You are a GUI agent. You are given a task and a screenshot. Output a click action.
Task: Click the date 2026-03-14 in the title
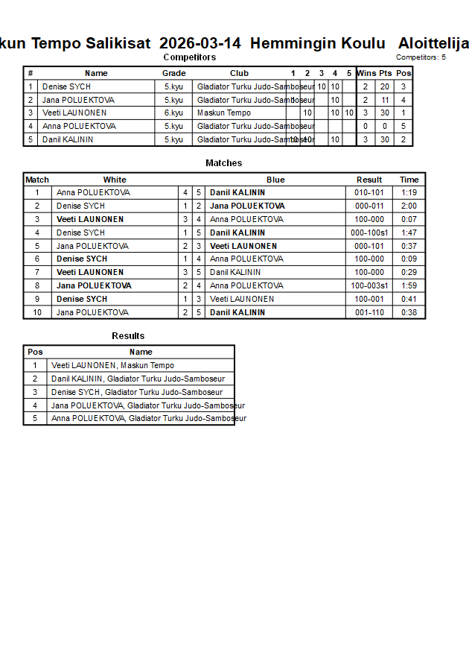coord(200,42)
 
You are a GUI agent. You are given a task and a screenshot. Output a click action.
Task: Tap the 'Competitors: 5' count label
coord(421,57)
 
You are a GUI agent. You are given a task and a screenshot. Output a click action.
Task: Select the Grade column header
coord(173,73)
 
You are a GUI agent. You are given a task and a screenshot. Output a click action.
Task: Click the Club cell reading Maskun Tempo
coord(223,113)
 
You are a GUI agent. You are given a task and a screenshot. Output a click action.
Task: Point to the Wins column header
coord(366,73)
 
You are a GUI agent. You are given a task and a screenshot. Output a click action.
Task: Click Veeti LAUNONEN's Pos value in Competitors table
coord(403,113)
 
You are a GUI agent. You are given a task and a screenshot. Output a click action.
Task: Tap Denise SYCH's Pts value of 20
coord(385,86)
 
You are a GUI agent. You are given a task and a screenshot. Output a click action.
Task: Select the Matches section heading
coord(223,163)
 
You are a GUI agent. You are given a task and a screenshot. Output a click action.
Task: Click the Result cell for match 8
coord(369,285)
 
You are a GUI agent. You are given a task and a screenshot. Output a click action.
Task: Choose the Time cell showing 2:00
coord(409,206)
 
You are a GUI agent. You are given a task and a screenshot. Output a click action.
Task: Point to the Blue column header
coord(275,180)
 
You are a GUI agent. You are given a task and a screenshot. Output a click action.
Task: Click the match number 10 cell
coord(36,312)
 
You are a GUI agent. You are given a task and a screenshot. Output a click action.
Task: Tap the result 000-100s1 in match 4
coord(369,233)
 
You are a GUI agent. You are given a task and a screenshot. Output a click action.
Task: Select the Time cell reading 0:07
coord(409,219)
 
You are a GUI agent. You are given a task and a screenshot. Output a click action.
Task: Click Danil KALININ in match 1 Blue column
coord(237,192)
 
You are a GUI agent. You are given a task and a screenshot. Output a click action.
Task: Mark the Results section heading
coord(128,336)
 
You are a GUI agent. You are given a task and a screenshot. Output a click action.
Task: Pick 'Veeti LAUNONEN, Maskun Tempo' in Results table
coord(112,365)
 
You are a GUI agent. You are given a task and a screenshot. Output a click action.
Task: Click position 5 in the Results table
coord(35,418)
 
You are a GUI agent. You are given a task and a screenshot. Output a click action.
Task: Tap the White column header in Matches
coord(115,180)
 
